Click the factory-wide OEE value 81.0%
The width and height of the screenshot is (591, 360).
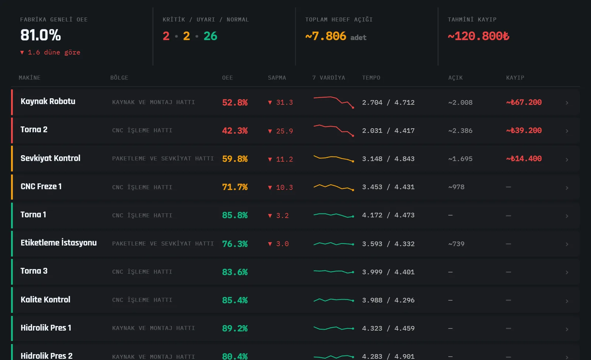(x=41, y=35)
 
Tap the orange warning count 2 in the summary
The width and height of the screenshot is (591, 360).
(x=187, y=36)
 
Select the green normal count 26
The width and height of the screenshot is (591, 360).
(x=210, y=36)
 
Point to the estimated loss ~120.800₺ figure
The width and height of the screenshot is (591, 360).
(x=478, y=36)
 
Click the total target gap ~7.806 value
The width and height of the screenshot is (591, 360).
(x=325, y=36)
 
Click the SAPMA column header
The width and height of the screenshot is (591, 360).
(x=277, y=78)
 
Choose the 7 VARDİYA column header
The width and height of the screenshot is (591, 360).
(x=328, y=78)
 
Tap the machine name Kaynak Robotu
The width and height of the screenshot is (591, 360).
(x=48, y=101)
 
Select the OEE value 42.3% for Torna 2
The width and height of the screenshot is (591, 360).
(x=235, y=130)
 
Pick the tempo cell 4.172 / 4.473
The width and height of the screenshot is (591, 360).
(x=388, y=215)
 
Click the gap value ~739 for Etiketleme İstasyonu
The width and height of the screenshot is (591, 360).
(x=456, y=244)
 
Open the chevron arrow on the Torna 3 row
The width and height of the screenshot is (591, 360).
(x=567, y=272)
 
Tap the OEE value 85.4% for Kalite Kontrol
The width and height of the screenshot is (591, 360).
(x=235, y=300)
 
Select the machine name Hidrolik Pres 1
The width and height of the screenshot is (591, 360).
(x=46, y=328)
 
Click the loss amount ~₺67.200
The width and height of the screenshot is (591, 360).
(x=524, y=102)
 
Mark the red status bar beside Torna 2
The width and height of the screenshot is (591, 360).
(x=12, y=130)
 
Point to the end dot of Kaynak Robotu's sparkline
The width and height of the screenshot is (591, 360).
(x=353, y=108)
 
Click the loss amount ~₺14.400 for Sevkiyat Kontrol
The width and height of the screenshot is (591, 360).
(x=524, y=159)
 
